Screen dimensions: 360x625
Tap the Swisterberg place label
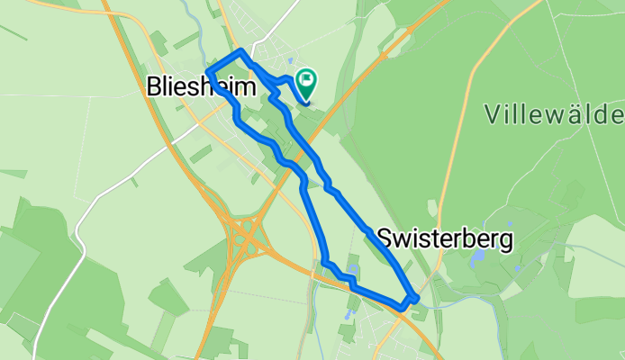coord(446,238)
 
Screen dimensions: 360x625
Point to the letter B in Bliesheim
coord(154,87)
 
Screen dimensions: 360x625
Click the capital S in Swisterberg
coord(385,238)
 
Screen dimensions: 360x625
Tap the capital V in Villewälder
coord(493,114)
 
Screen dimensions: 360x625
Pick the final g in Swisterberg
coord(506,241)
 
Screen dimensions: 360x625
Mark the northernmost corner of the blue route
coord(242,52)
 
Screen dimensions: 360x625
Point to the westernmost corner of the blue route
coord(208,71)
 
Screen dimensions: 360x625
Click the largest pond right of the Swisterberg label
coord(475,257)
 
